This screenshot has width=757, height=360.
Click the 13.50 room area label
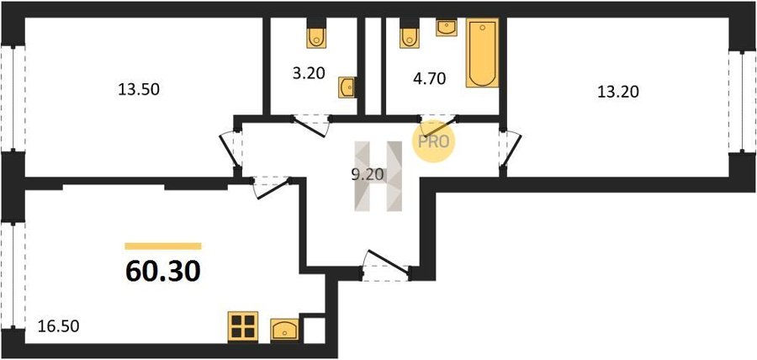tap(139, 90)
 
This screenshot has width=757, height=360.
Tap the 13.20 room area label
tap(618, 92)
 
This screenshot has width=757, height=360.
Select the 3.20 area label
tap(308, 73)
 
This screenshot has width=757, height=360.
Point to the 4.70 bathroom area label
tap(429, 79)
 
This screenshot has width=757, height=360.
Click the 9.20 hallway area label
tap(368, 175)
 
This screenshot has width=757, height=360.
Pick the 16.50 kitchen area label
tap(58, 326)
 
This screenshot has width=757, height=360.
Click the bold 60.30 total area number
tap(162, 271)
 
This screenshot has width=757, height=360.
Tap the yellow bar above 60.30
tap(162, 246)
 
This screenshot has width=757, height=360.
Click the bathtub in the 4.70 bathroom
tap(482, 53)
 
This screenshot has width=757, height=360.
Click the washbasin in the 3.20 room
tap(347, 87)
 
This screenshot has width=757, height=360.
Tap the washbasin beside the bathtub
tap(447, 28)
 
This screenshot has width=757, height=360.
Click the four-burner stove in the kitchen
tap(243, 326)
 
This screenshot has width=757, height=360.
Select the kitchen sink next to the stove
tap(284, 330)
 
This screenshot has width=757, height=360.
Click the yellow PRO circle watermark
tap(433, 141)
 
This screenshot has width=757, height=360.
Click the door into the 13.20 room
tap(511, 150)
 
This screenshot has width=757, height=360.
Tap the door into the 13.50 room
tap(230, 150)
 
